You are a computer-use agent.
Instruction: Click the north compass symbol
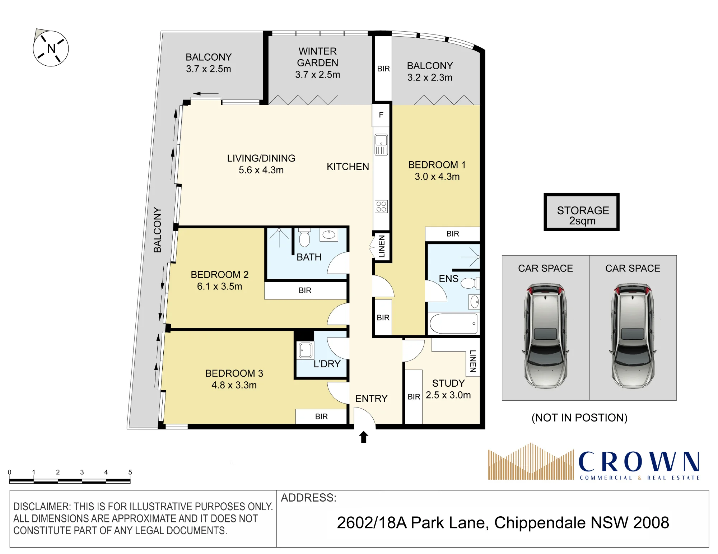(51, 48)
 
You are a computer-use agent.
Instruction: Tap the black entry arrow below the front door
(364, 437)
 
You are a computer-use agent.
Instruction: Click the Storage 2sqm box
(582, 212)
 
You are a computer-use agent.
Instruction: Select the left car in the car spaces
(545, 336)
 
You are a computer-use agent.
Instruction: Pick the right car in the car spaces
(633, 336)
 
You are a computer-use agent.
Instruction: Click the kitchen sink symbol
(381, 145)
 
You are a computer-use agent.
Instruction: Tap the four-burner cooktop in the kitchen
(381, 206)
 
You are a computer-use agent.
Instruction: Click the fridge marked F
(381, 115)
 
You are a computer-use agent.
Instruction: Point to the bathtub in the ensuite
(453, 323)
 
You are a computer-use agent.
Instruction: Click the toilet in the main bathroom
(304, 238)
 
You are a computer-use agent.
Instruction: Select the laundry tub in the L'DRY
(306, 350)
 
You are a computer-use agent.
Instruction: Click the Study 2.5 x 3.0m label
(448, 389)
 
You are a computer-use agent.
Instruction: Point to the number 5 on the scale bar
(130, 472)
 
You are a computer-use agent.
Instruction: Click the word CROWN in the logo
(639, 461)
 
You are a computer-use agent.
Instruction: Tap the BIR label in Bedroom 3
(321, 416)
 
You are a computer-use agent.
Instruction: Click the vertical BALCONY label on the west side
(157, 230)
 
